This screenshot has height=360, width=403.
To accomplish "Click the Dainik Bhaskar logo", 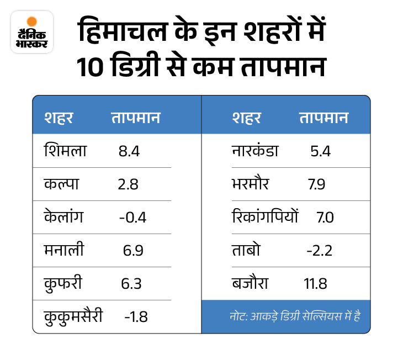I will click(32, 32).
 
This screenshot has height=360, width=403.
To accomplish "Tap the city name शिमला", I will click(64, 150).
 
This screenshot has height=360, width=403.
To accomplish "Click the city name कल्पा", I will click(61, 184).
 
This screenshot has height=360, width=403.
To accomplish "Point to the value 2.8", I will click(129, 184).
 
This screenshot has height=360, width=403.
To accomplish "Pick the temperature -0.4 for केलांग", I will click(132, 217).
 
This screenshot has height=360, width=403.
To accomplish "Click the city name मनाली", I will click(64, 250).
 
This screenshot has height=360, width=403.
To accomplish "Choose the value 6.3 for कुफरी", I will click(131, 284).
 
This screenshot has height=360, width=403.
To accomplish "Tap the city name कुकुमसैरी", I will click(73, 317).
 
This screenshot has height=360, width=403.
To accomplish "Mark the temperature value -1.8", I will click(136, 317).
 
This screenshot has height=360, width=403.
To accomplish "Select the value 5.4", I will click(320, 151).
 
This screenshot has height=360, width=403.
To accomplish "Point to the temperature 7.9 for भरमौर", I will click(316, 184).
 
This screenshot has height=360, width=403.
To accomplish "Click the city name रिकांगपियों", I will click(265, 217).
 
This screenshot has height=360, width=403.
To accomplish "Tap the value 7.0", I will click(325, 217).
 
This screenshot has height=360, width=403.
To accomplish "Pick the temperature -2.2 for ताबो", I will click(319, 251).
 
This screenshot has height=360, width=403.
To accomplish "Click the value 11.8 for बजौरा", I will click(315, 284).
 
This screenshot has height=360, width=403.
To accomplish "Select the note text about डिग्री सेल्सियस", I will click(299, 317).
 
